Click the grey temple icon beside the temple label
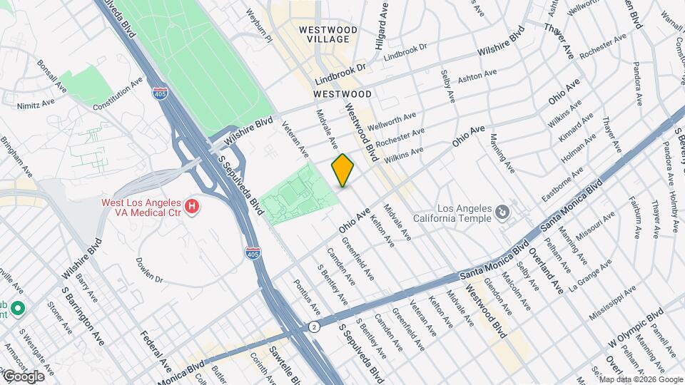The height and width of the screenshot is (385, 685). (502, 212)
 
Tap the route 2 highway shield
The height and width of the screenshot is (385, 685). (314, 326)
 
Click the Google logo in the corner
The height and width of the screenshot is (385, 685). (23, 376)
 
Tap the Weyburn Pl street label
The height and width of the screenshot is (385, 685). (259, 26)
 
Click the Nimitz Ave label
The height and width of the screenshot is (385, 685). (37, 103)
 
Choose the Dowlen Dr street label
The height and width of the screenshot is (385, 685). (150, 271)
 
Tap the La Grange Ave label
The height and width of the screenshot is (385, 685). (591, 275)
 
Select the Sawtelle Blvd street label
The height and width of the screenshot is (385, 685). (280, 363)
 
